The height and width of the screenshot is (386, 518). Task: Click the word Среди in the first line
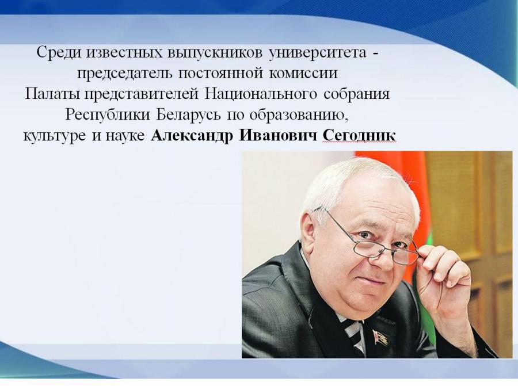click(59, 53)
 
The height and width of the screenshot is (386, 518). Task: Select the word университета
click(318, 53)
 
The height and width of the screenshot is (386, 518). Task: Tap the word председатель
click(124, 74)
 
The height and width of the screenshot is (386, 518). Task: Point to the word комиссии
click(303, 74)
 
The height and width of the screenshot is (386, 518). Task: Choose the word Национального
click(261, 94)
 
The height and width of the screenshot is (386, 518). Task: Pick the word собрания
click(357, 94)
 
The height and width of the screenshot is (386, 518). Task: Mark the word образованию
click(299, 115)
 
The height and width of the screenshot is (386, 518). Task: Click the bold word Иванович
click(277, 136)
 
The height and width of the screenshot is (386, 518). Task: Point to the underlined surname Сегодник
click(359, 136)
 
